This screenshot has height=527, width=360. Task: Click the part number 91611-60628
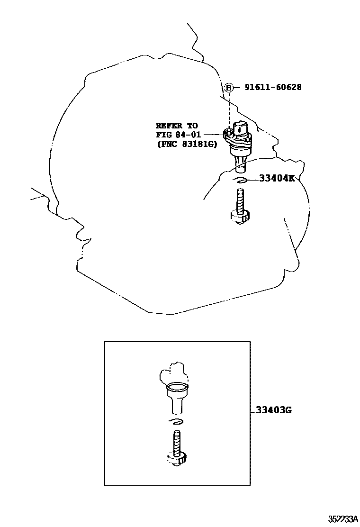point(273,87)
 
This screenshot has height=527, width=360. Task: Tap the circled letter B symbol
point(229,87)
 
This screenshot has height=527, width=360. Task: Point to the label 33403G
point(273,410)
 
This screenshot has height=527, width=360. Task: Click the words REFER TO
point(177,126)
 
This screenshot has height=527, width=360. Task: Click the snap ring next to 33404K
point(240,180)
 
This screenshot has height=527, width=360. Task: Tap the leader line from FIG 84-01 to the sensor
point(214,135)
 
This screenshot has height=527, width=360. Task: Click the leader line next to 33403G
point(252,410)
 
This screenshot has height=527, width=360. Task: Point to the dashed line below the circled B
point(229,109)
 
